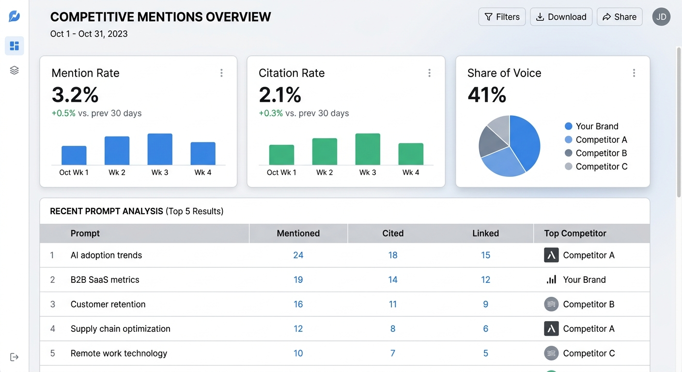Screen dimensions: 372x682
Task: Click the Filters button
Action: pyautogui.click(x=502, y=17)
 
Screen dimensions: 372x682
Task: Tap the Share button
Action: pyautogui.click(x=620, y=17)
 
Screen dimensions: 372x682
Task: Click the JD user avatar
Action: pyautogui.click(x=661, y=17)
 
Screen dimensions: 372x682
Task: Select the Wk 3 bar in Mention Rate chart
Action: pyautogui.click(x=160, y=149)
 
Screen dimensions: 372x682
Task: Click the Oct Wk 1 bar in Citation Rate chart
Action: pyautogui.click(x=281, y=155)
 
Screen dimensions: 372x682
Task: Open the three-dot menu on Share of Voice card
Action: pyautogui.click(x=634, y=73)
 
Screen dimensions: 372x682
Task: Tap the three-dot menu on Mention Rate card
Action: pyautogui.click(x=221, y=73)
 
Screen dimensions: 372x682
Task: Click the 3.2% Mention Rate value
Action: pyautogui.click(x=75, y=94)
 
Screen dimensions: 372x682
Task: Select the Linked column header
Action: pyautogui.click(x=485, y=233)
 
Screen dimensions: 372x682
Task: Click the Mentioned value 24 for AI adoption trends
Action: pyautogui.click(x=298, y=255)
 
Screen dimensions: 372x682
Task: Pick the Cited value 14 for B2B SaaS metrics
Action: pyautogui.click(x=392, y=280)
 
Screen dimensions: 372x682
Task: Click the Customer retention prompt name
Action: pyautogui.click(x=108, y=304)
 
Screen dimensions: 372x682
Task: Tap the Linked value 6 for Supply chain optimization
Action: pyautogui.click(x=485, y=329)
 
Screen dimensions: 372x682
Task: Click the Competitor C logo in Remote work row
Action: pyautogui.click(x=551, y=354)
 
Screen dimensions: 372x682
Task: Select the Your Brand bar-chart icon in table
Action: pyautogui.click(x=551, y=280)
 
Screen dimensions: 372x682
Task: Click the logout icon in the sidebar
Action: pyautogui.click(x=15, y=357)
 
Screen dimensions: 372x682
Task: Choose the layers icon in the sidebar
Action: pyautogui.click(x=15, y=71)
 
